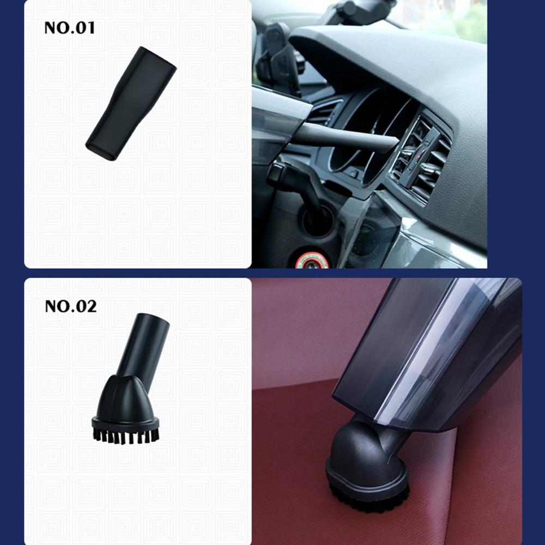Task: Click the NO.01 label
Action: coord(69,27)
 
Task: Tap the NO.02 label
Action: coord(70,306)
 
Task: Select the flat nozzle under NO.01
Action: coord(131,104)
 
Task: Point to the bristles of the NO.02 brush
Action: coord(125,434)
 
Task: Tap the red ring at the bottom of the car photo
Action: coord(312,261)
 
